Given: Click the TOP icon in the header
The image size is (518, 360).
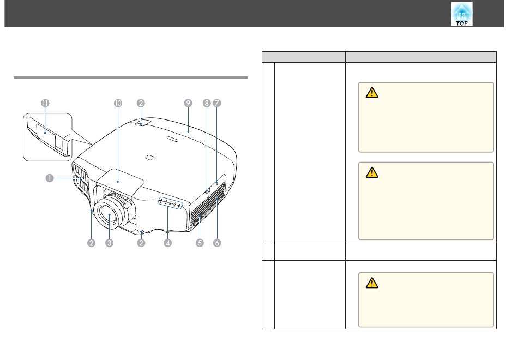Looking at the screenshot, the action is tap(462, 14).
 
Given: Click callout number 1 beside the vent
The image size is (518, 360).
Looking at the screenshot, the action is tap(50, 178).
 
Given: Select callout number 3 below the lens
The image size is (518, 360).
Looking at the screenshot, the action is tap(110, 243).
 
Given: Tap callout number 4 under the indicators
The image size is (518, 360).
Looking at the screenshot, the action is tap(167, 243).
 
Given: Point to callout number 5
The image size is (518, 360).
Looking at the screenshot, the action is tap(200, 243).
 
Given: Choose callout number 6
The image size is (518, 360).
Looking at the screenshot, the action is tap(216, 243).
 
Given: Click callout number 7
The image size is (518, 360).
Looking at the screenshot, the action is tap(216, 103).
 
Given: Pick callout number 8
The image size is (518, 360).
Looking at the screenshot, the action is tap(207, 103).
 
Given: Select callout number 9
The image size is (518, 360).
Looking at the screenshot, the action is tap(188, 103).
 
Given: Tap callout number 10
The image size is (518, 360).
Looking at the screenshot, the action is tap(118, 103).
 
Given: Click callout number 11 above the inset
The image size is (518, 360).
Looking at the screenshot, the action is tap(45, 103).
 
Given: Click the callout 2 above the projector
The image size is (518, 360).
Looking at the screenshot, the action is tap(141, 103).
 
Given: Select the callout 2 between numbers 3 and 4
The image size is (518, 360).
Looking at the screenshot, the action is tap(141, 243).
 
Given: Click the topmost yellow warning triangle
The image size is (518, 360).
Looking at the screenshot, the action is tap(372, 93).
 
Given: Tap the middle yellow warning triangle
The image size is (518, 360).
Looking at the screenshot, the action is tap(372, 172).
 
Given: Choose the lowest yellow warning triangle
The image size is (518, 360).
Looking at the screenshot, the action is tap(372, 283).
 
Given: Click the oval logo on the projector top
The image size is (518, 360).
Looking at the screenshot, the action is tap(172, 139).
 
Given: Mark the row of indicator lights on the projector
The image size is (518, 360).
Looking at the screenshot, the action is tap(171, 203).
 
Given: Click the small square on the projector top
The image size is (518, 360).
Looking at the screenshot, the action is tap(149, 157).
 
